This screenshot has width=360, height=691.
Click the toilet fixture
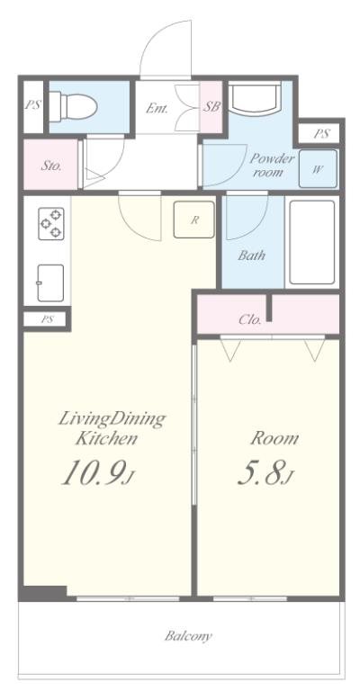[x=73, y=106]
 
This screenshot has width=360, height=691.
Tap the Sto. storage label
[x=51, y=166]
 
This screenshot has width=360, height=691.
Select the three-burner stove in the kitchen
[x=51, y=223]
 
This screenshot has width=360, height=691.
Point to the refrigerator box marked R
[x=193, y=220]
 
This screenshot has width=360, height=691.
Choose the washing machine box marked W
[x=318, y=169]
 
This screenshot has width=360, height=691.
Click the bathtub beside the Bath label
[x=312, y=242]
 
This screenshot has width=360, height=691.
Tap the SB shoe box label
[x=211, y=107]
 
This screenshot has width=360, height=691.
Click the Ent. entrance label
[x=157, y=108]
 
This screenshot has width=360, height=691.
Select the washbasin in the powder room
[x=255, y=97]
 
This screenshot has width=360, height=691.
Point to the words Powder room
[x=272, y=165]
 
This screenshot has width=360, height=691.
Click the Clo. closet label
[x=250, y=319]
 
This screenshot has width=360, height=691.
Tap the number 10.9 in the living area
[x=92, y=472]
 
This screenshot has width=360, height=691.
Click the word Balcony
[x=189, y=636]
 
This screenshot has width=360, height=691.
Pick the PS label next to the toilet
[x=33, y=105]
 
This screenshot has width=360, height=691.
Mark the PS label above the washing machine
[x=321, y=134]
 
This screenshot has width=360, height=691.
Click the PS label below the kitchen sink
[x=47, y=319]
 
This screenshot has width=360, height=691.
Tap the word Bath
[x=252, y=255]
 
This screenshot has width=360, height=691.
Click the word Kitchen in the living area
[x=106, y=438]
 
